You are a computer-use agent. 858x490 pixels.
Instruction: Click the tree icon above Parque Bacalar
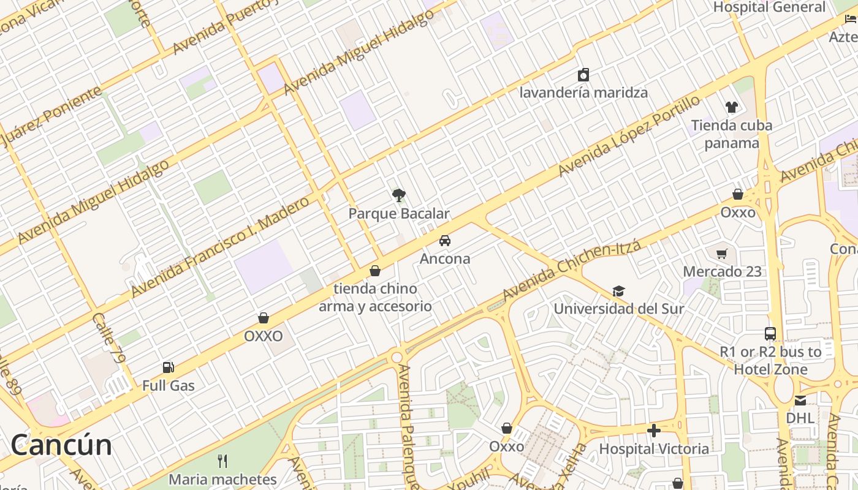pos(399,195)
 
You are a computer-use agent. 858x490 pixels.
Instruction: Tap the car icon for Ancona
pos(445,240)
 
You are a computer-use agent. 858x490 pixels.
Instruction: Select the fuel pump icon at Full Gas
pos(169,367)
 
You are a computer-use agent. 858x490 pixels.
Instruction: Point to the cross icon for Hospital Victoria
pos(654,431)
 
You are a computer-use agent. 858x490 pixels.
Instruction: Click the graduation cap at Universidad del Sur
pos(619,291)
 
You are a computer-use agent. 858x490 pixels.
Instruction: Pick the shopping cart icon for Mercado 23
pos(722,254)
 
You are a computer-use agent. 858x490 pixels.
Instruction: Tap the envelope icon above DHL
pos(800,401)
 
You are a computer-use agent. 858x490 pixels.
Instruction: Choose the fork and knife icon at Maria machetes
pos(222,461)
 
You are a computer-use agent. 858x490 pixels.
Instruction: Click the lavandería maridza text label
pos(583,93)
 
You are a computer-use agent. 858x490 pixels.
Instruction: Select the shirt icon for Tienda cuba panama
pos(731,107)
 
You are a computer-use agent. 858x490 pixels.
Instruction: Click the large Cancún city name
pos(61,445)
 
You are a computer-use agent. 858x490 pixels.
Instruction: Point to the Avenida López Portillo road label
pos(628,136)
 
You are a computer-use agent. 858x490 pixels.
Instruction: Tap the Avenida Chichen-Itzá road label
pos(571,271)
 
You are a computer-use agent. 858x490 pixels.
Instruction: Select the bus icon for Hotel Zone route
pos(770,334)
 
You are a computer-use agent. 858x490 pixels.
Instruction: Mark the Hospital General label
pos(769,7)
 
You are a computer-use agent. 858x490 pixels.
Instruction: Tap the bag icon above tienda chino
pos(375,271)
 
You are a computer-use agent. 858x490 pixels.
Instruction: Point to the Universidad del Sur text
pos(619,309)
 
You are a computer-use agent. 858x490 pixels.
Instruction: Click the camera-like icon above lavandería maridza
pos(583,75)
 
